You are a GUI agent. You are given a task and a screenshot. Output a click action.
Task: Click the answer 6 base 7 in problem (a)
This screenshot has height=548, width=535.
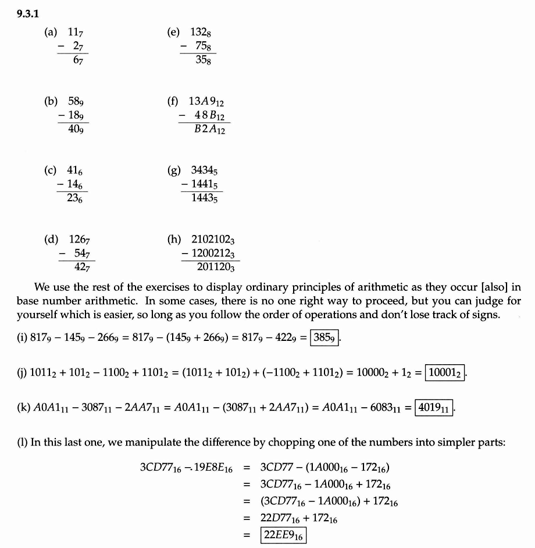click(x=76, y=60)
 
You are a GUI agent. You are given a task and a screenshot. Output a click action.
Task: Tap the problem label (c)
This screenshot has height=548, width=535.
click(x=50, y=170)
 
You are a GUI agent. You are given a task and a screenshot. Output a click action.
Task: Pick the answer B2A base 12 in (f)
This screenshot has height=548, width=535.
click(x=210, y=130)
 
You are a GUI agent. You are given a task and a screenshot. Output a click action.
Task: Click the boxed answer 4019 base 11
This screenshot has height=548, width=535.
click(x=434, y=407)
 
